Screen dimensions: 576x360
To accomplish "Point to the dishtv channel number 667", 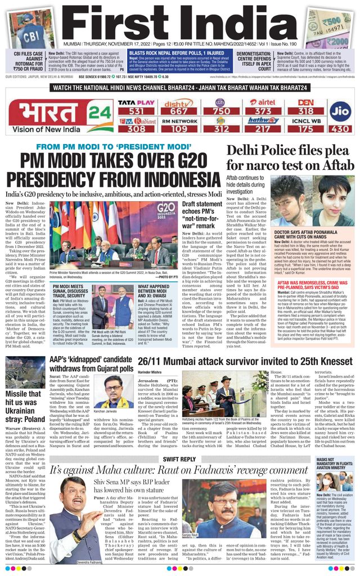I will point(176,111).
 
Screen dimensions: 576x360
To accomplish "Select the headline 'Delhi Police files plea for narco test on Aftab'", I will point(290,159).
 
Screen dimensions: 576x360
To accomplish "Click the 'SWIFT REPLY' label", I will point(179,459).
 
